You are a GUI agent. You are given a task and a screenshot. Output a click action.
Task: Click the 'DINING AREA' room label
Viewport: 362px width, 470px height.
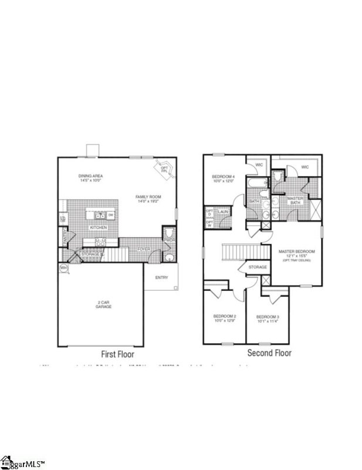91,176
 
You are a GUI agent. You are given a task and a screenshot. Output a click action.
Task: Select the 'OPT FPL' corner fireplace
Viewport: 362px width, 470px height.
164,169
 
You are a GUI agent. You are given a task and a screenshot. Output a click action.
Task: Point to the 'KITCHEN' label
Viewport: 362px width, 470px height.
97,227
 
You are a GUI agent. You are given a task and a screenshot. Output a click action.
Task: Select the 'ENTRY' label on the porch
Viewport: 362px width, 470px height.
162,277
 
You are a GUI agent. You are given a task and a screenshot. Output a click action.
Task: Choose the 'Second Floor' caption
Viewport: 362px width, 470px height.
269,353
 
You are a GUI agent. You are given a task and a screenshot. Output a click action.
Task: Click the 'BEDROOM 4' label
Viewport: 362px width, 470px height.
223,176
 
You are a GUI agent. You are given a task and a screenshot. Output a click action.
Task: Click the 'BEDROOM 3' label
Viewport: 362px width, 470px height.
268,317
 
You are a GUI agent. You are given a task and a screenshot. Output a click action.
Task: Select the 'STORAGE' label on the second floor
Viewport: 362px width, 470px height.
258,267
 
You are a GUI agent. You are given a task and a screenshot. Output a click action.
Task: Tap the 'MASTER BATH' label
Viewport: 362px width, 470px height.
294,200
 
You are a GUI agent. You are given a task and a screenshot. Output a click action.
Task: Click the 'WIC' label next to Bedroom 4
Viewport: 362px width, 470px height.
259,166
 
